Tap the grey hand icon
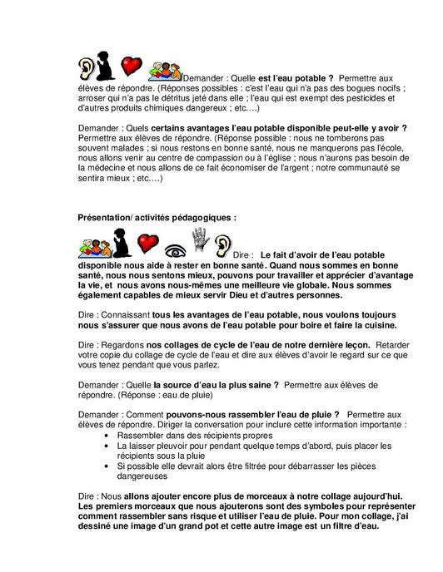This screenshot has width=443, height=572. [200, 243]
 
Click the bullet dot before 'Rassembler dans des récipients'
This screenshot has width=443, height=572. [111, 435]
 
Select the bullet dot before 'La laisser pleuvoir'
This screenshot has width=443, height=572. [111, 446]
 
